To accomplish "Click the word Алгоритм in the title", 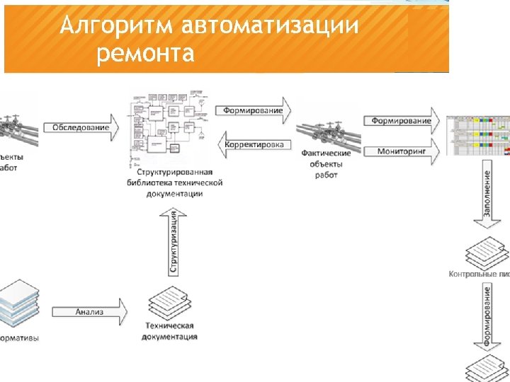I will (116, 26).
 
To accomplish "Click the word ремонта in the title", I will (145, 53).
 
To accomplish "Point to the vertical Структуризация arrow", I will (174, 245).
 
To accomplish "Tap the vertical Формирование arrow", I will (487, 315).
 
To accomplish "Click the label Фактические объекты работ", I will (327, 163).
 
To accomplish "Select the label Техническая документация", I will (169, 331).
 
